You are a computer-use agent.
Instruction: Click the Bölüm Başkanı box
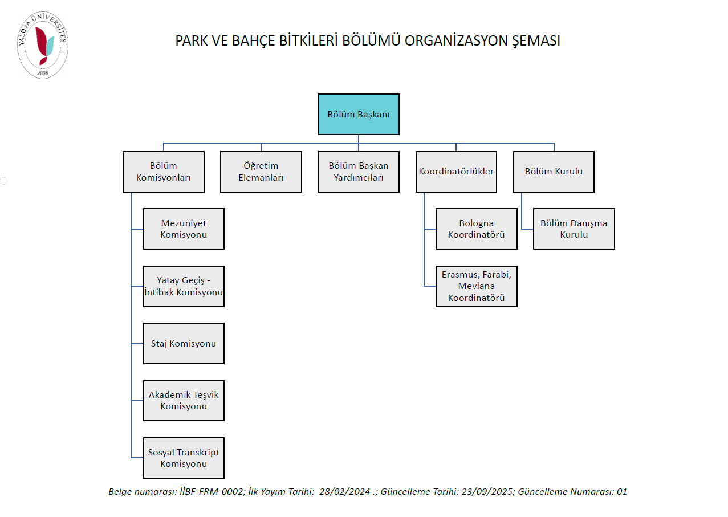pos(359,114)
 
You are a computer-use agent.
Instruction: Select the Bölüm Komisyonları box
pos(164,172)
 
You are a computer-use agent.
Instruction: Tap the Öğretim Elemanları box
pos(261,172)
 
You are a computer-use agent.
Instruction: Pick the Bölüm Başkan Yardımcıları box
pos(359,172)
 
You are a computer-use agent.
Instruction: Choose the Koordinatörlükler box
pos(456,172)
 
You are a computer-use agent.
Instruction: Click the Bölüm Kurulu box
pos(554,172)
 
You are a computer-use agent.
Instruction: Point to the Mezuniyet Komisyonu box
pos(184,229)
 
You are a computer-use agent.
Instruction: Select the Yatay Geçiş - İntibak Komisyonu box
pos(184,286)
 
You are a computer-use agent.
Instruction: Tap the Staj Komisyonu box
pos(184,344)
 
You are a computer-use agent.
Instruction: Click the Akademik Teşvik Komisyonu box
pos(184,401)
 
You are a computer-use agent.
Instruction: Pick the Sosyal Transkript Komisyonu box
pos(184,458)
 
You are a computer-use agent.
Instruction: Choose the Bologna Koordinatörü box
pos(477,229)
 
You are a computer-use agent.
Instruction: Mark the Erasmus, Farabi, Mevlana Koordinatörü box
pos(477,286)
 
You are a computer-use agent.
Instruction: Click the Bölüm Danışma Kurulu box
pos(574,229)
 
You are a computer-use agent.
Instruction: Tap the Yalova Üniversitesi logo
pos(43,44)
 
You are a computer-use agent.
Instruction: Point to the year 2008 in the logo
pos(43,73)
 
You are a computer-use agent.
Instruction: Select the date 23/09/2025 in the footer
pos(487,492)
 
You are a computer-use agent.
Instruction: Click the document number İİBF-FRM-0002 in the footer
pos(212,492)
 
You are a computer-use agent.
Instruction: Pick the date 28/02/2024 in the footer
pos(344,492)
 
